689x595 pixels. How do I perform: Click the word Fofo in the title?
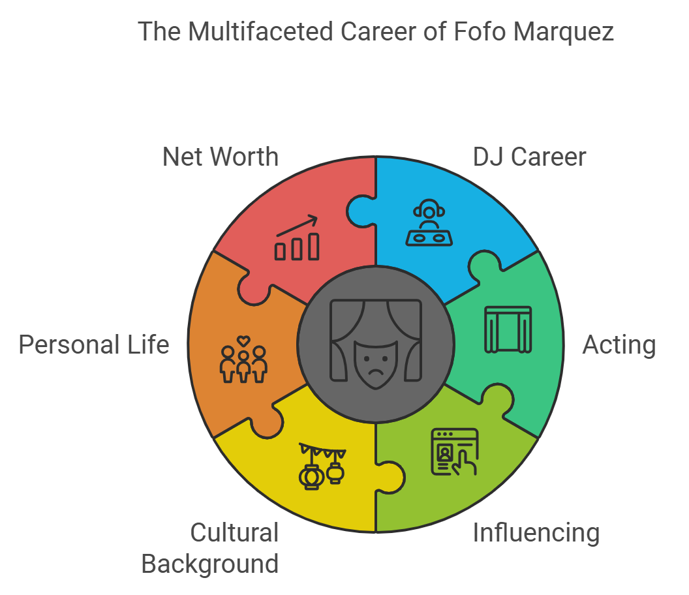[x=479, y=31]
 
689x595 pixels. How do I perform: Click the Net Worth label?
[x=221, y=157]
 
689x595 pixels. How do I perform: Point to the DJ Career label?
[x=530, y=157]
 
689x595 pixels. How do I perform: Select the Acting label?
[x=619, y=345]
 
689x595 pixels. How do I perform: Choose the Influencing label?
[x=536, y=534]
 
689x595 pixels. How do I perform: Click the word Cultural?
[x=234, y=532]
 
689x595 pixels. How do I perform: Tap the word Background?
[x=210, y=564]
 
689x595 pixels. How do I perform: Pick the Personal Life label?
[x=94, y=344]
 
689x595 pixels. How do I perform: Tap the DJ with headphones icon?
[x=429, y=222]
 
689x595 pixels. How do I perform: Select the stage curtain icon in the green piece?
[x=508, y=329]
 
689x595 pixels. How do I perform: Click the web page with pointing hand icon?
[x=455, y=451]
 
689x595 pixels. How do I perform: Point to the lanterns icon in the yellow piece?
[x=322, y=466]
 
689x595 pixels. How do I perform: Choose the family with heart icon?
[x=243, y=359]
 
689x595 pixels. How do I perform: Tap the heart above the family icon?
[x=243, y=341]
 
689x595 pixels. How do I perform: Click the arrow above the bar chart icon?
[x=297, y=226]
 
